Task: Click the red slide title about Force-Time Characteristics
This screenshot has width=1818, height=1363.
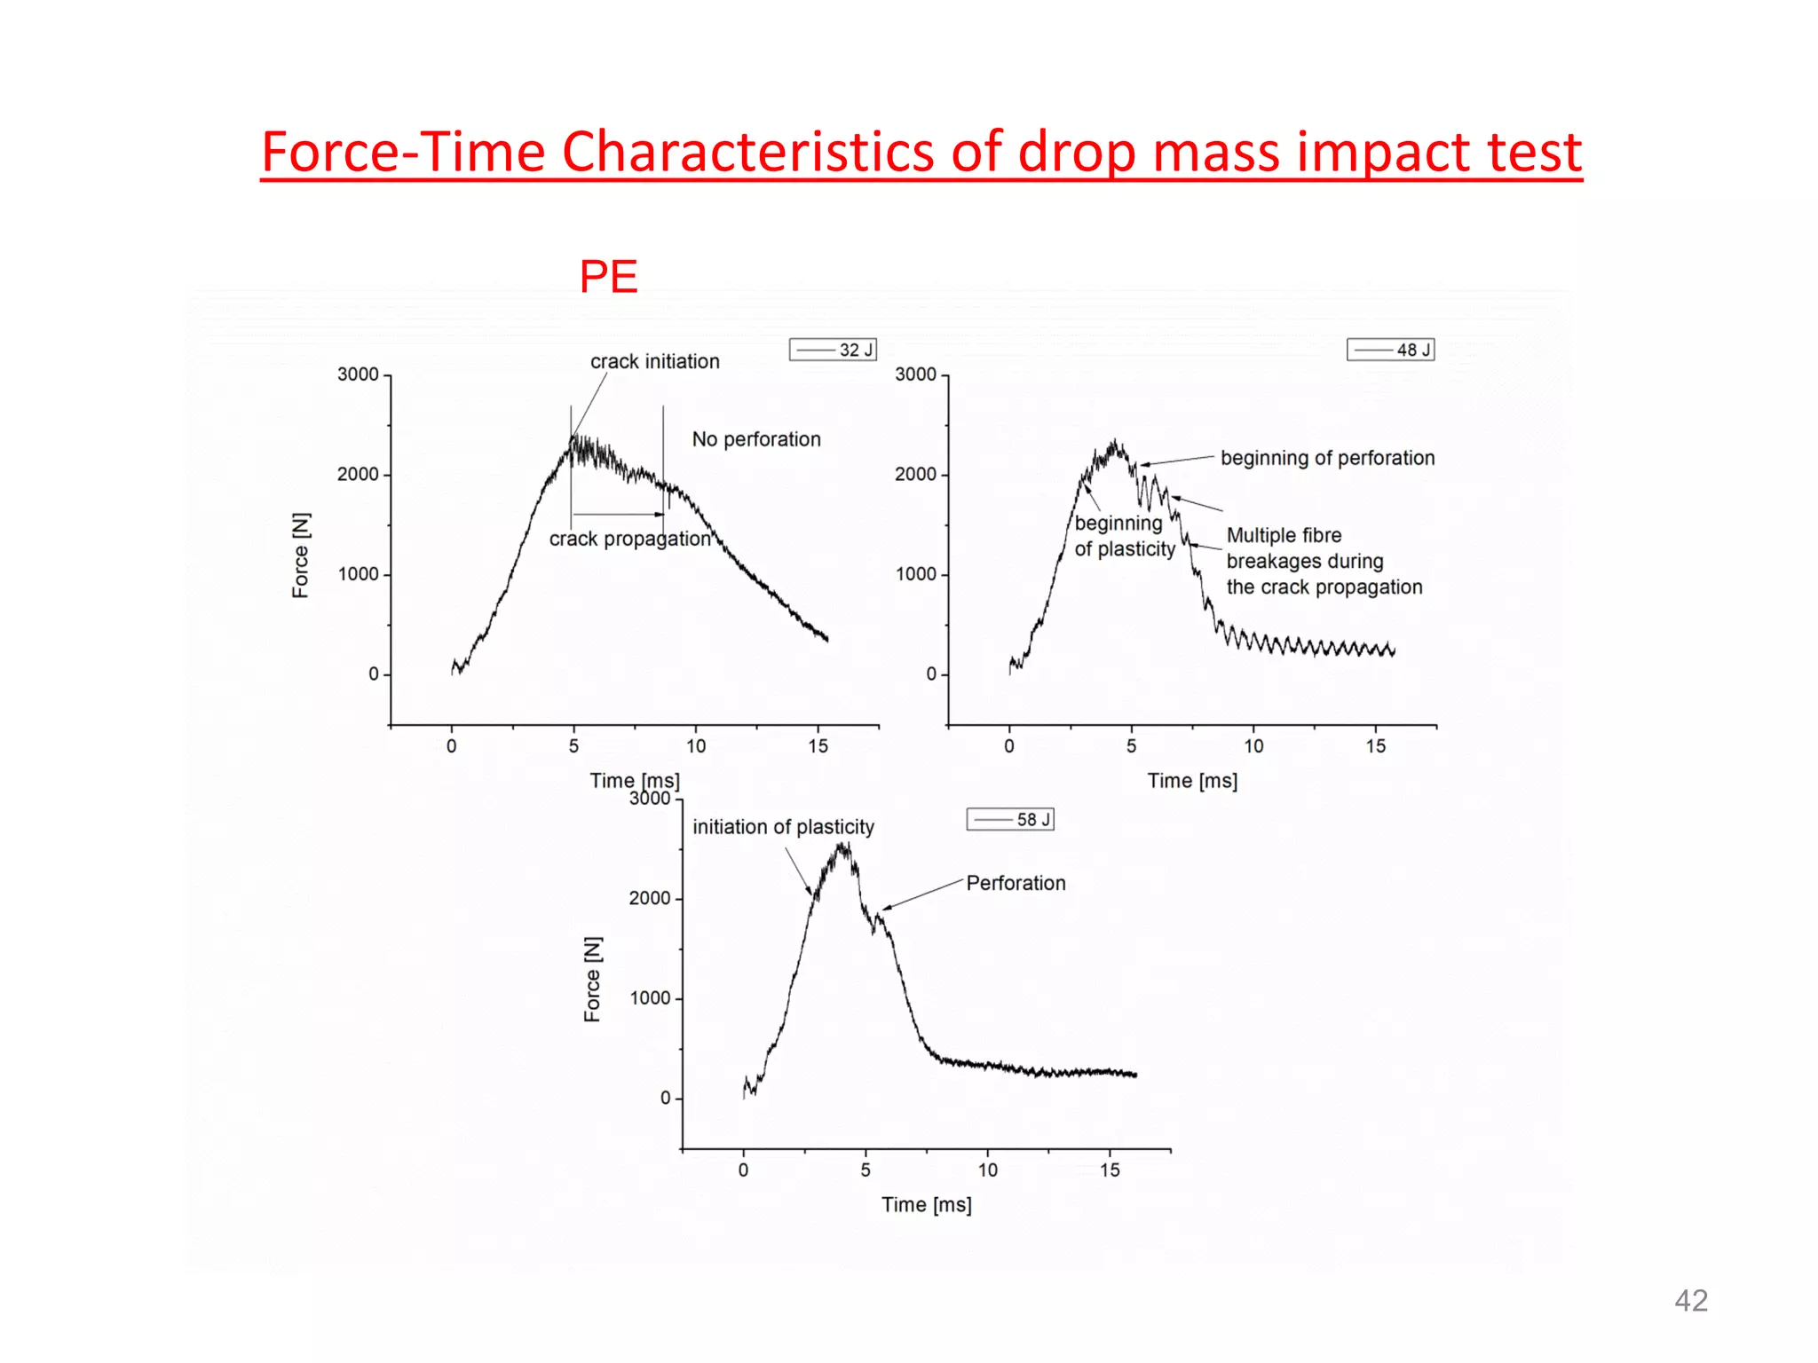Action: point(921,152)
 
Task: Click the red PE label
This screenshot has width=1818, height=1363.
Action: point(608,277)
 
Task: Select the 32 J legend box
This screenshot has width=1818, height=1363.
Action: point(833,350)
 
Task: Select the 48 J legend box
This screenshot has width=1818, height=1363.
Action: point(1390,350)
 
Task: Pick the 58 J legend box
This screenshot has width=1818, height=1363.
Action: point(1010,819)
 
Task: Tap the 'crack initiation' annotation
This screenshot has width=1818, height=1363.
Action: point(655,362)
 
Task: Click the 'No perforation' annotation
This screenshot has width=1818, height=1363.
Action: point(756,439)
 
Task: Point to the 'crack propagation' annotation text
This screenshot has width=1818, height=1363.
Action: point(629,540)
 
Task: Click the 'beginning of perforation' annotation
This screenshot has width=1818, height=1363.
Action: point(1327,458)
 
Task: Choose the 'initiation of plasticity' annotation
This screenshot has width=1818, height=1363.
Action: point(783,827)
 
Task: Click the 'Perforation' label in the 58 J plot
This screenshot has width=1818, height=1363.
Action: point(1016,883)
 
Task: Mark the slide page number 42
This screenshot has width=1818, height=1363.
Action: point(1690,1300)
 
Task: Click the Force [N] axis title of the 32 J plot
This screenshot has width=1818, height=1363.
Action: point(301,555)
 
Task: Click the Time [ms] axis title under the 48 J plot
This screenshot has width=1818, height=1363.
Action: point(1192,781)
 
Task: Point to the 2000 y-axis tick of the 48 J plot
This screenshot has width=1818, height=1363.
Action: point(915,475)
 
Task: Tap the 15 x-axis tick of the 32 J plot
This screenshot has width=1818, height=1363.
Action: point(818,746)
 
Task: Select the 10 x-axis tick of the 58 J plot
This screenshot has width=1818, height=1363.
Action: point(987,1170)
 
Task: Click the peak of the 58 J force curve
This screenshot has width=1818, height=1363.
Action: point(842,847)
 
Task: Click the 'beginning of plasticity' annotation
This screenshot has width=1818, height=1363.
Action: point(1124,536)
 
